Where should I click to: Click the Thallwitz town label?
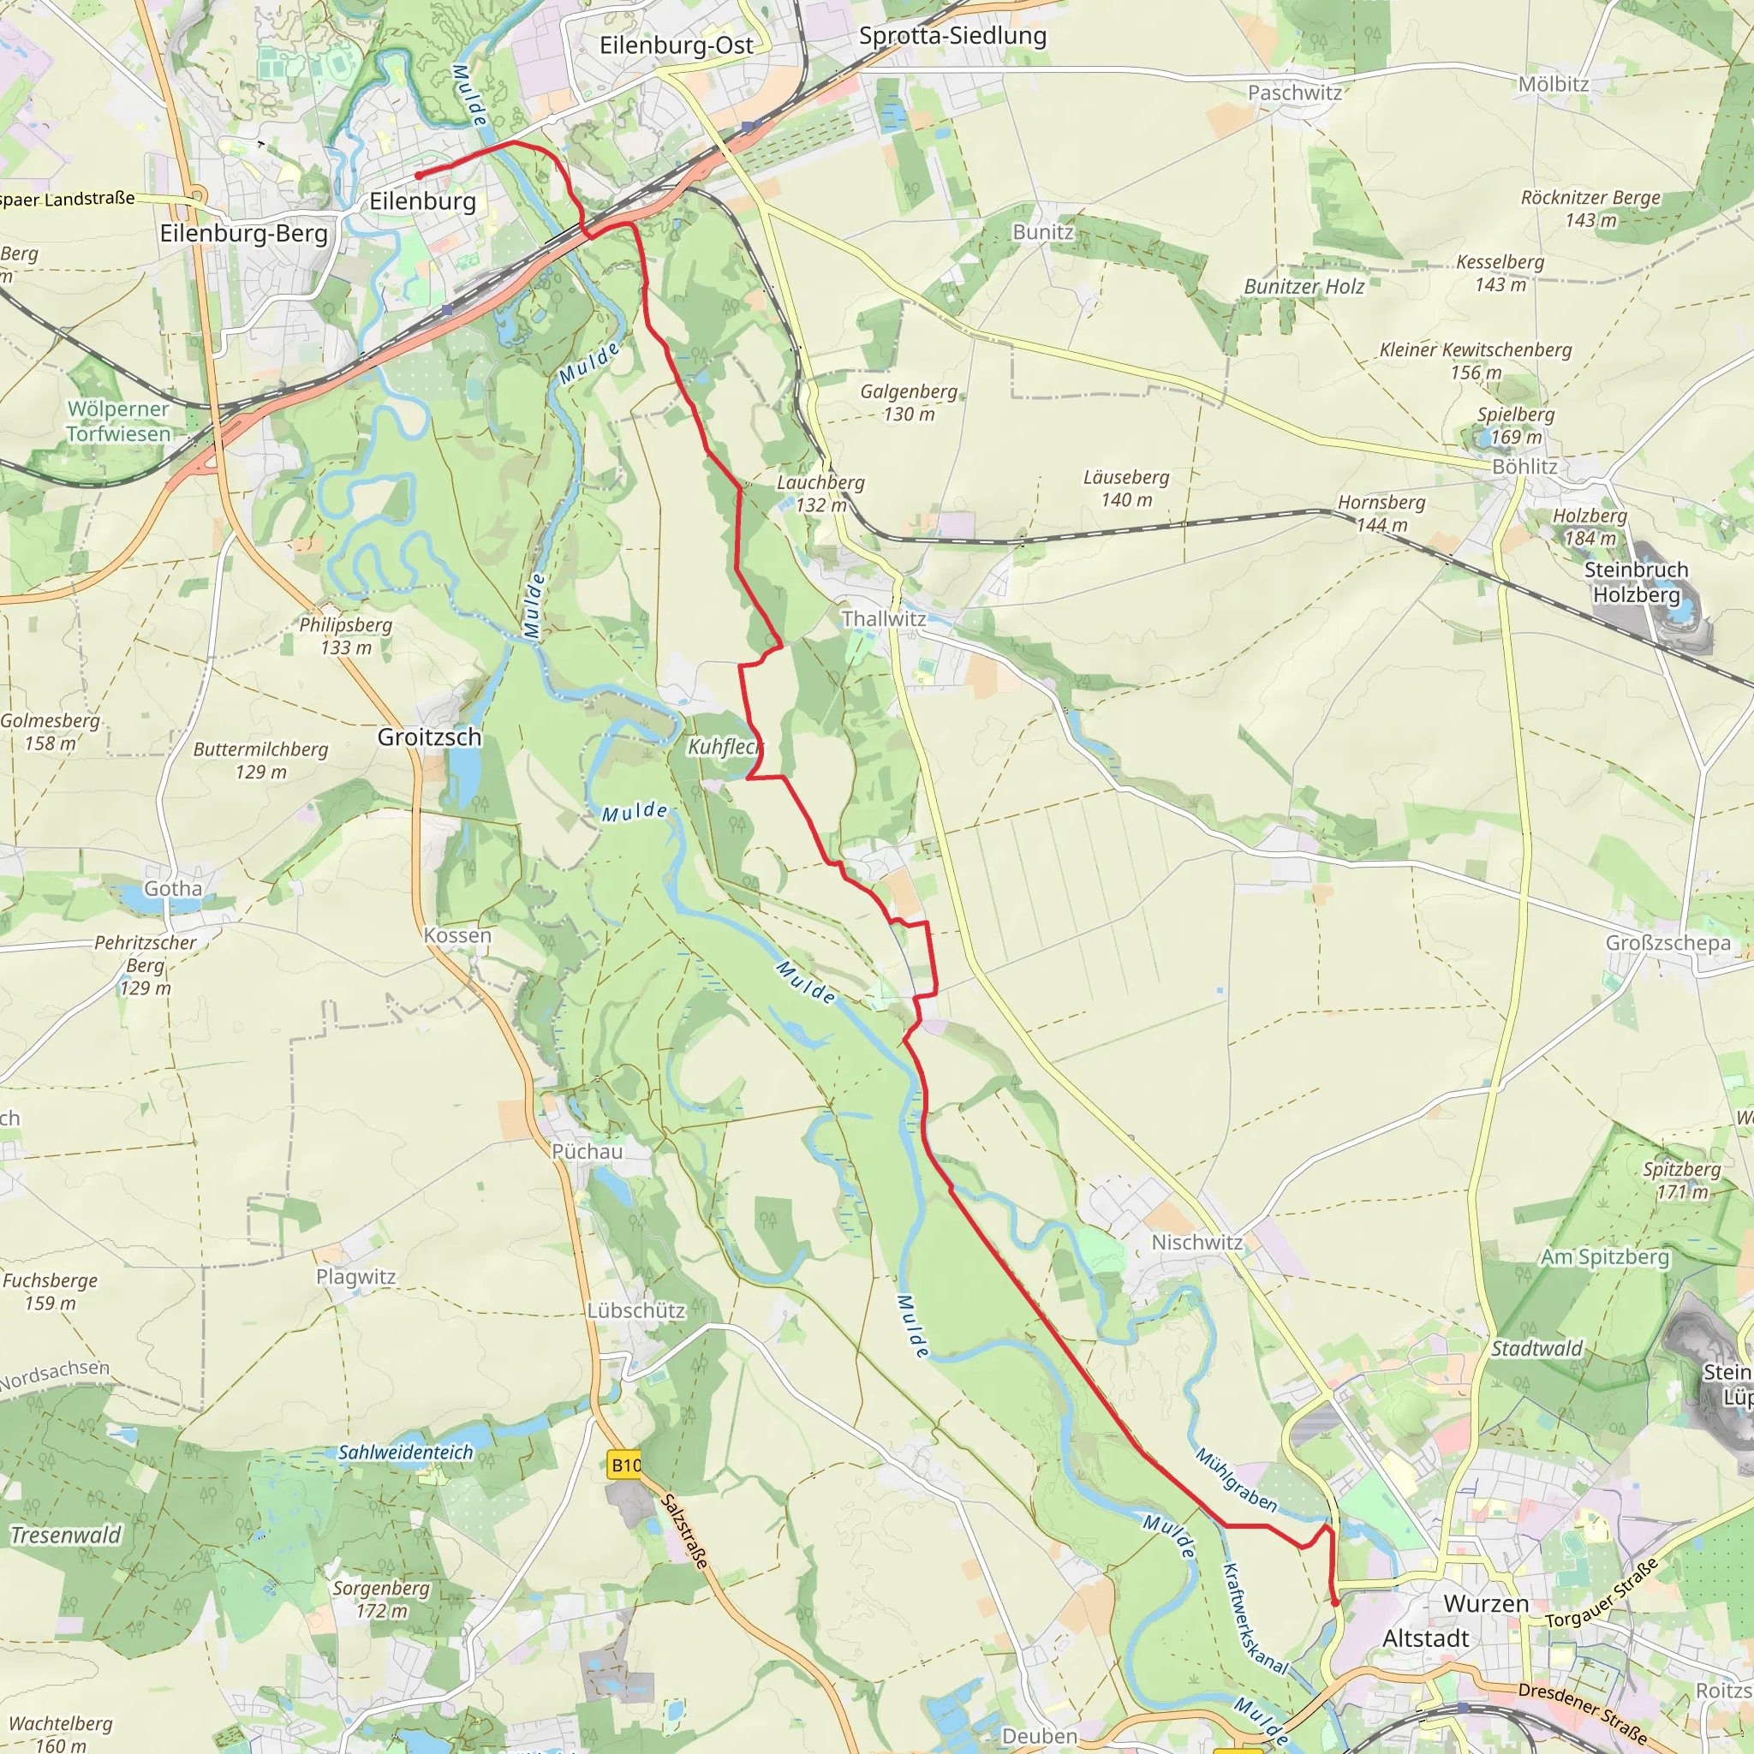[x=883, y=619]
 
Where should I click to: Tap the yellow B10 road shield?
[x=625, y=1465]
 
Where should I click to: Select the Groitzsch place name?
[x=429, y=737]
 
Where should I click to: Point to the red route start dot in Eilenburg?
[x=419, y=176]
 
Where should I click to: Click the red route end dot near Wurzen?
[x=1335, y=1603]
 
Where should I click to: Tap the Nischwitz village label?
[x=1196, y=1242]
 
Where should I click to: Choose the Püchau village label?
[x=588, y=1151]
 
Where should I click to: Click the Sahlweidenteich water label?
[x=406, y=1453]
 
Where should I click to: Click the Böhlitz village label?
[x=1525, y=467]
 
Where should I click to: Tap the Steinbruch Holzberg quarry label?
[x=1636, y=582]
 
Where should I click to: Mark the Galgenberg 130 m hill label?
[x=909, y=403]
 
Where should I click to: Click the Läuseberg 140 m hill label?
[x=1125, y=488]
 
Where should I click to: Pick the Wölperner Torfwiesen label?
[x=118, y=421]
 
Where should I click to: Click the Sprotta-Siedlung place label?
[x=952, y=36]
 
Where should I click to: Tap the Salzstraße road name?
[x=684, y=1531]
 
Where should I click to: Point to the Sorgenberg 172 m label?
[x=380, y=1599]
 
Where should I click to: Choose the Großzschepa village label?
[x=1667, y=943]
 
